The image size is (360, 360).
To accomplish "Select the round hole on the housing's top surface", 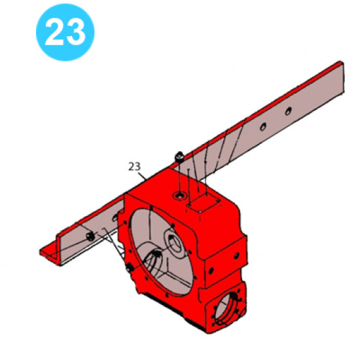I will tap(179, 196).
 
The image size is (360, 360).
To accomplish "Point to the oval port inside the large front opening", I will tap(154, 264).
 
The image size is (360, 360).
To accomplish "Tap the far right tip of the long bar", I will tap(341, 65).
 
